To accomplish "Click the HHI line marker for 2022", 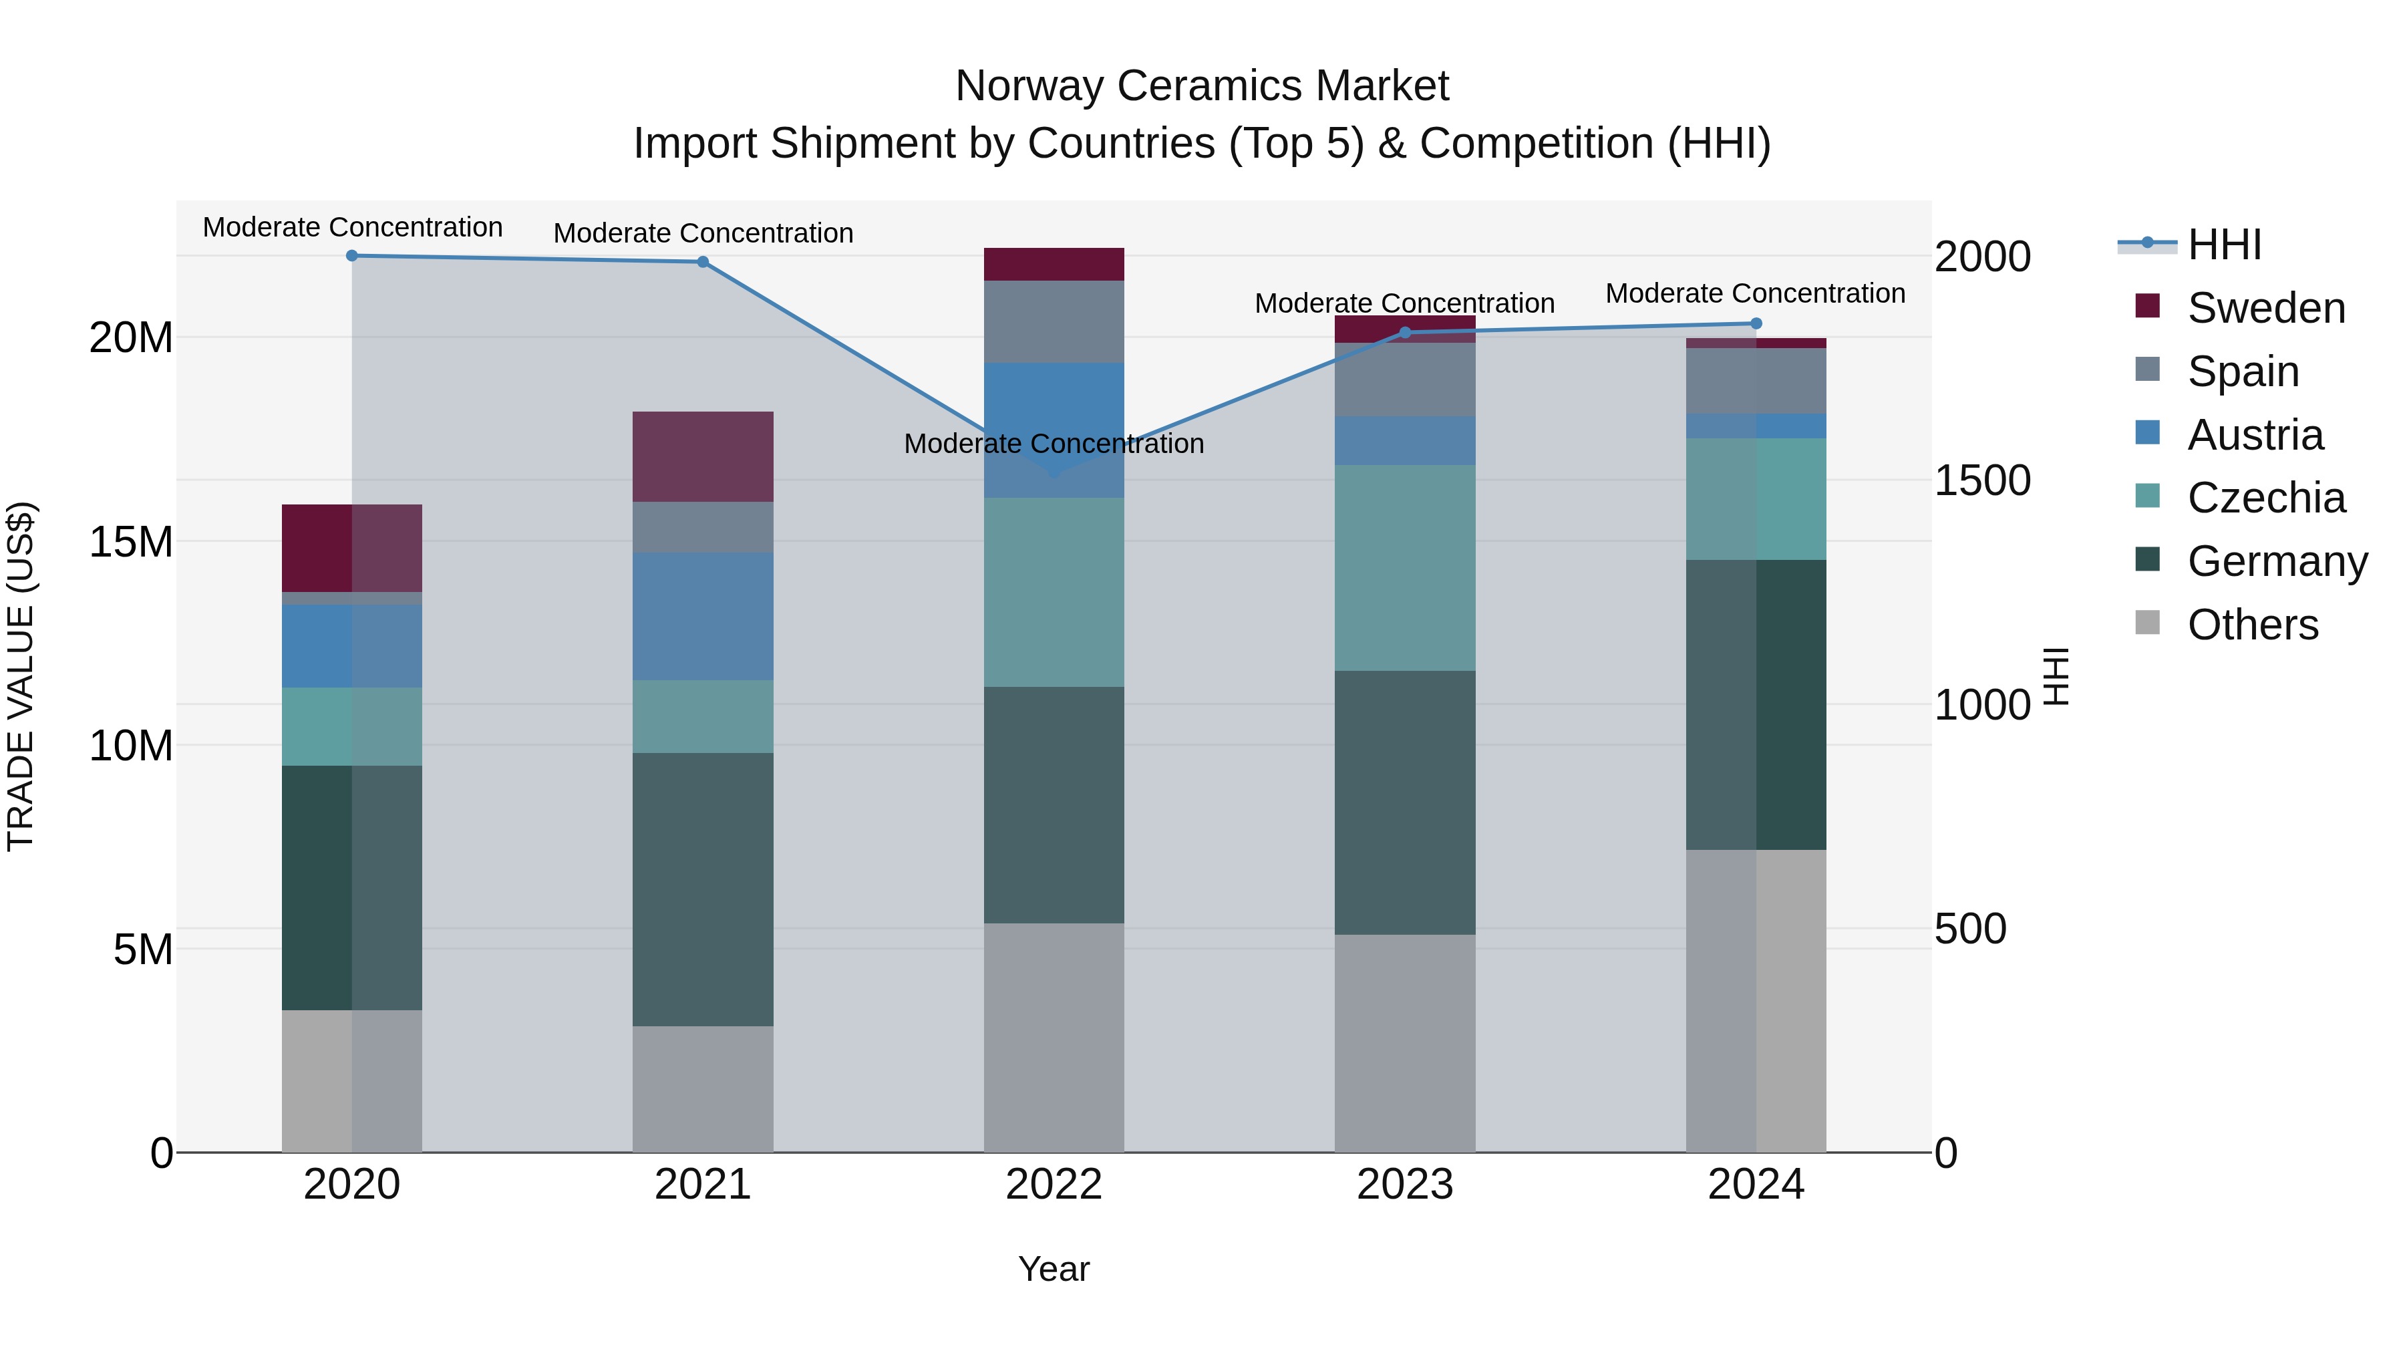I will (1054, 474).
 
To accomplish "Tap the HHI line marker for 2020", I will (352, 256).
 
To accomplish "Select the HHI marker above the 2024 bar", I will (1756, 324).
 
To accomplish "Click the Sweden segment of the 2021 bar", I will (703, 456).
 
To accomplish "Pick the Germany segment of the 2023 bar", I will (1405, 803).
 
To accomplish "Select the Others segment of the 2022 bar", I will (1054, 1038).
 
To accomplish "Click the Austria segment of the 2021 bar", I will (703, 616).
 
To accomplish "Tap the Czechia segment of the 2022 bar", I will (1054, 593).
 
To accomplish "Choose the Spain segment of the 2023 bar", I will (1405, 380).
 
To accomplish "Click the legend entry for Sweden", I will (2266, 308).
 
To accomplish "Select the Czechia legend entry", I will (2266, 498).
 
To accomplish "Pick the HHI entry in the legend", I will (2224, 245).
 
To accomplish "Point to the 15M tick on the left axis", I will (131, 542).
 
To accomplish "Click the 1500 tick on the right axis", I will (1982, 481).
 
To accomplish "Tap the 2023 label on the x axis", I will (1405, 1185).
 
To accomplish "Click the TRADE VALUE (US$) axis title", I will (21, 677).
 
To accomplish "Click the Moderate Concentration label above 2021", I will (703, 233).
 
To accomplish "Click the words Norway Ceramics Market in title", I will (1202, 86).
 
